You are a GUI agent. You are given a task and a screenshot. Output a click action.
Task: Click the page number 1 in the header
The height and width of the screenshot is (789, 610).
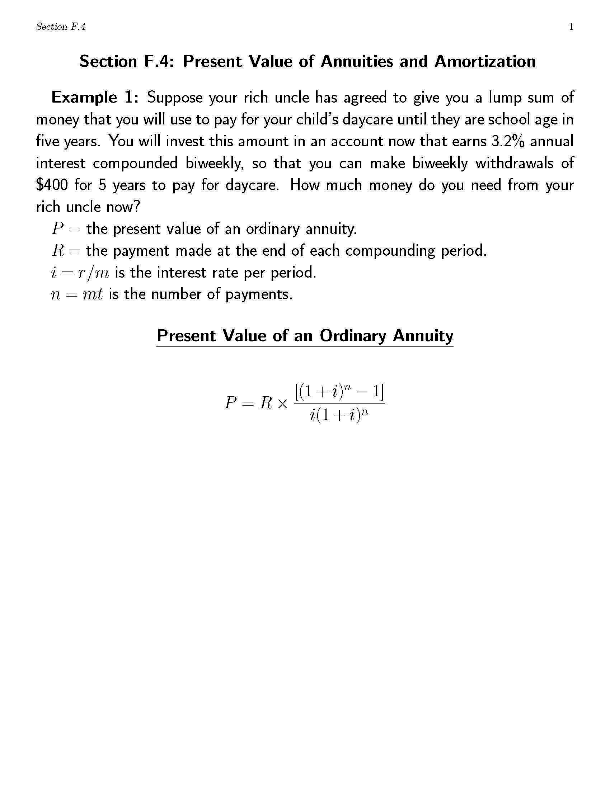point(571,27)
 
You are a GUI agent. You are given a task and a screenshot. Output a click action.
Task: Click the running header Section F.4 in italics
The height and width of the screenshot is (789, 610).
point(61,27)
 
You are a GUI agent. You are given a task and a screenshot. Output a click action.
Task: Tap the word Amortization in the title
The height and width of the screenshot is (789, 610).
point(485,61)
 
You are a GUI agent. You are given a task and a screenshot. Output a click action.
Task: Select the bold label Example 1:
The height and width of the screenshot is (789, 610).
point(95,98)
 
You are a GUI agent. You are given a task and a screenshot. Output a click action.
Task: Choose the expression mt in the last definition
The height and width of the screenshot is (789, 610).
point(93,294)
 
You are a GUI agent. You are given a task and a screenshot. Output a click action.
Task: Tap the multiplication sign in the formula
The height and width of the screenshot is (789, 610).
point(283,403)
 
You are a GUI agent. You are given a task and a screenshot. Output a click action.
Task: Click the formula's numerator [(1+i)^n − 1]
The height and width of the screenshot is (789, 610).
point(339,392)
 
